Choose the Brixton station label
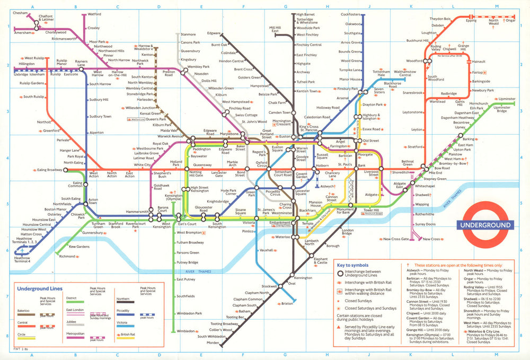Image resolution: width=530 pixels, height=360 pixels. coord(287,304)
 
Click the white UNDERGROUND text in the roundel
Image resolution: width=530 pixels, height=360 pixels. coord(486,225)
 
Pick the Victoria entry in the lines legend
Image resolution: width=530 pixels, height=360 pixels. coord(123,322)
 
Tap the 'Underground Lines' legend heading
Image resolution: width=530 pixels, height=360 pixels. coord(40,289)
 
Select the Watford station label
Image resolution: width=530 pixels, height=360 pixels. coord(94,14)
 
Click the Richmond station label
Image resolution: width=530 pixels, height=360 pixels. coord(67,257)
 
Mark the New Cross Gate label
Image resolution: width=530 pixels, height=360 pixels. coord(396,239)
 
